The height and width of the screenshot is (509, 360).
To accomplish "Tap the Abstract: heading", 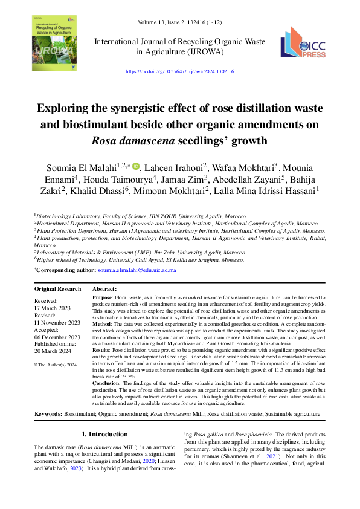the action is coord(104,290).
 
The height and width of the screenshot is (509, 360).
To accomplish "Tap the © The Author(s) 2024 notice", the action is coord(56,365).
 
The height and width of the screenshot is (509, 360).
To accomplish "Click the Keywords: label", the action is coord(48,413).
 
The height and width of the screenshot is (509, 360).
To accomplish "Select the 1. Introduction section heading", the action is coord(104,434).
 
